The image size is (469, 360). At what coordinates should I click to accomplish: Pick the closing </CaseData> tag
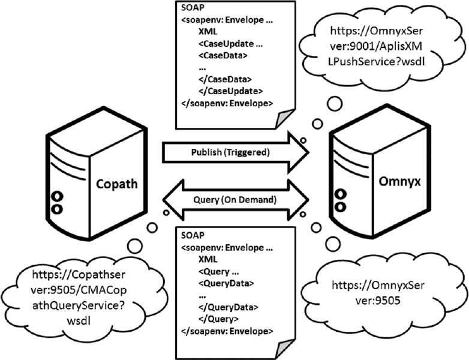(x=225, y=79)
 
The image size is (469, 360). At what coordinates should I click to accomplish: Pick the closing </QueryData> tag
(x=225, y=307)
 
